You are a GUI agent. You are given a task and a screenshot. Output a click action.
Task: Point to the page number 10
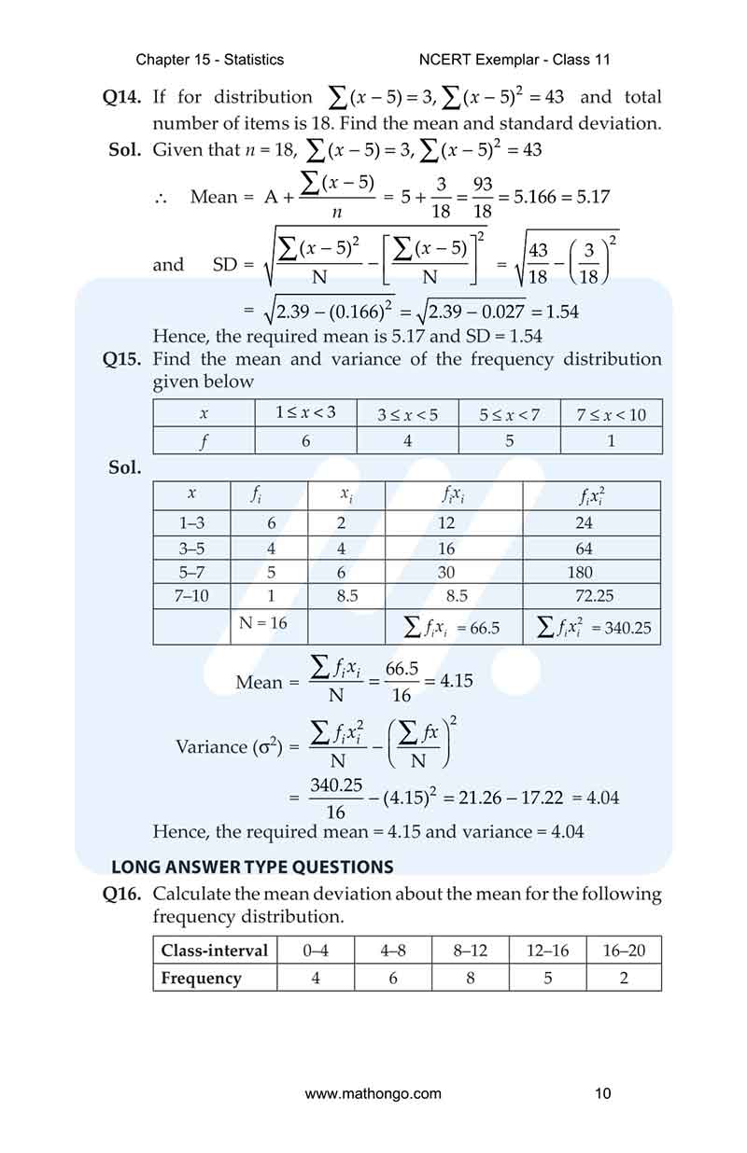(602, 1093)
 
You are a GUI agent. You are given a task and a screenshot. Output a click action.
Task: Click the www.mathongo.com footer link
(373, 1093)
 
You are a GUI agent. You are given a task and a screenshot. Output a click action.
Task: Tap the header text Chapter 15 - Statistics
(210, 60)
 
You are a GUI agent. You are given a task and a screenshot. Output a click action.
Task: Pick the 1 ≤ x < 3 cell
(305, 413)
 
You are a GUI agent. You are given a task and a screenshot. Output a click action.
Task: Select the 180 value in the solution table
(580, 573)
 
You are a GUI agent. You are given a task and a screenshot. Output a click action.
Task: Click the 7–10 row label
(193, 596)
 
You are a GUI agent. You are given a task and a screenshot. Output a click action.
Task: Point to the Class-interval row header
(215, 951)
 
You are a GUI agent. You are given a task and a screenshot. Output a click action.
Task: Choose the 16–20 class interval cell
(624, 951)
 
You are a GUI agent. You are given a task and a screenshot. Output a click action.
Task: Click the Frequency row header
(201, 978)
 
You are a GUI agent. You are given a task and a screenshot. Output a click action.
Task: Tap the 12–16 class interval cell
(547, 951)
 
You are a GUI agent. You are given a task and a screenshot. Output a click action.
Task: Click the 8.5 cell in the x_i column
(346, 596)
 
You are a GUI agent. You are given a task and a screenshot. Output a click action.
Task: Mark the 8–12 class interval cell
(471, 951)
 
